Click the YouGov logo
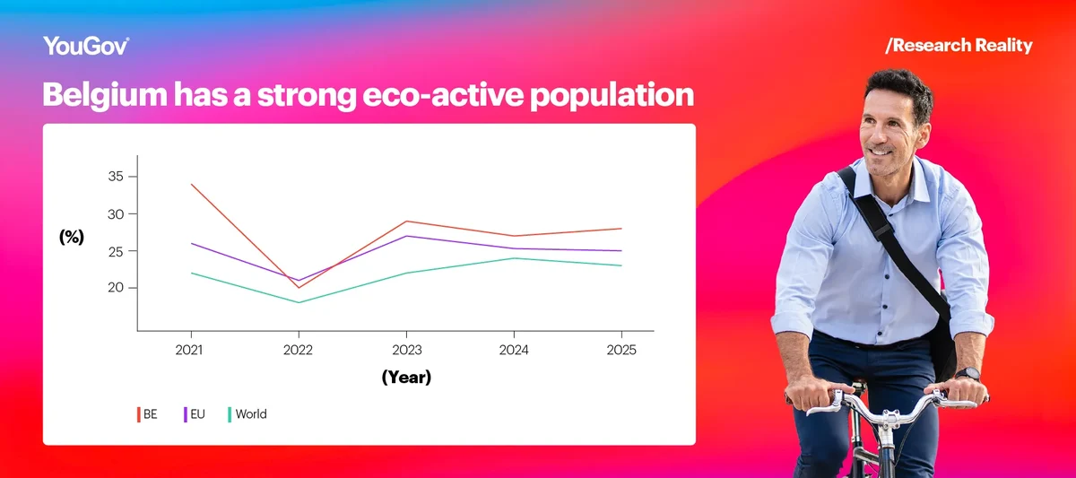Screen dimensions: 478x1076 pos(86,47)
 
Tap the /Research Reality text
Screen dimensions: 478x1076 pos(959,46)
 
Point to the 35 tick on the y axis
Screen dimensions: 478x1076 pos(115,177)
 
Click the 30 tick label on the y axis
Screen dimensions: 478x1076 pos(115,214)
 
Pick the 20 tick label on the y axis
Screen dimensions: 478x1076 pos(115,288)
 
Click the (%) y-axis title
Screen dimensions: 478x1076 pos(72,237)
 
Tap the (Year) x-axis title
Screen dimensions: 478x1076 pos(406,378)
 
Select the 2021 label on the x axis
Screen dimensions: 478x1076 pos(190,350)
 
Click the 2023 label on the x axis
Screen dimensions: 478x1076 pos(406,350)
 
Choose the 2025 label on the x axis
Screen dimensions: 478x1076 pos(620,350)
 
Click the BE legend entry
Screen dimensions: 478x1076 pos(148,414)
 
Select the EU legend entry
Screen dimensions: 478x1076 pos(195,414)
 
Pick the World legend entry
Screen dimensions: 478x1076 pos(248,414)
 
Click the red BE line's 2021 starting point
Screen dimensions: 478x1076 pos(191,185)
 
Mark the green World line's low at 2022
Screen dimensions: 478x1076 pos(299,302)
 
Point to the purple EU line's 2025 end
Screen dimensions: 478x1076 pos(620,251)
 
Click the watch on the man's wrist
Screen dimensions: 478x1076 pos(968,374)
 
